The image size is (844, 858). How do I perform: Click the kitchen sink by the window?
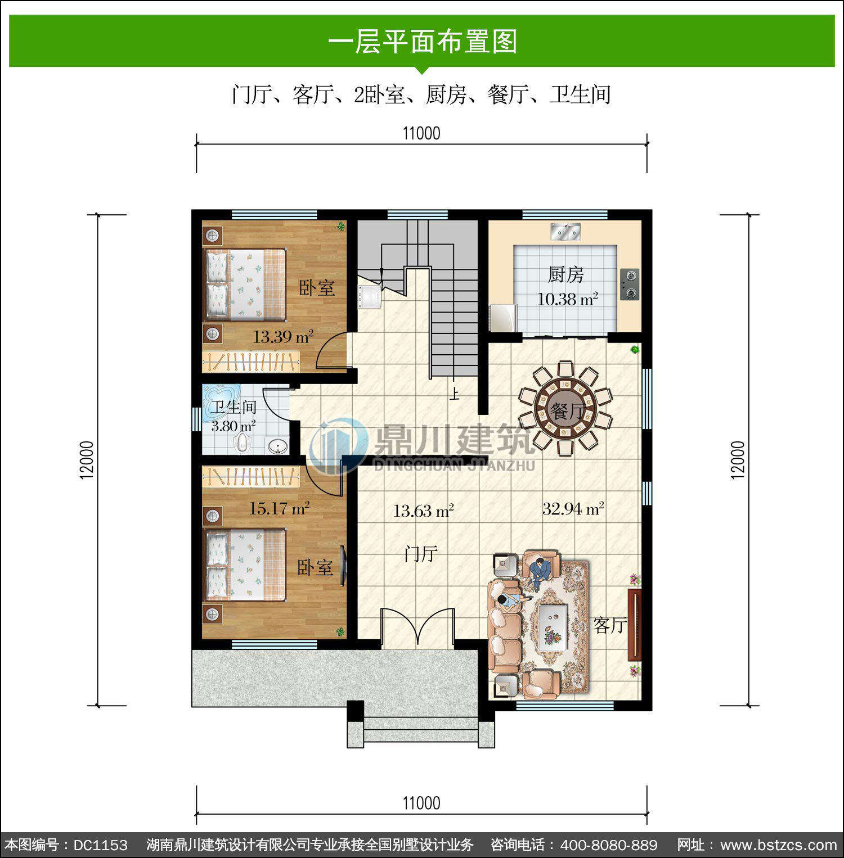[x=565, y=231]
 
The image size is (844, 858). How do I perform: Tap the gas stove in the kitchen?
[x=630, y=285]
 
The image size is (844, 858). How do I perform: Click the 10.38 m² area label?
[x=567, y=299]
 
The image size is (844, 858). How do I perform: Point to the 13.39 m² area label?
[x=283, y=337]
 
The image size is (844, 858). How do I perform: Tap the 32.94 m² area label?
[x=573, y=509]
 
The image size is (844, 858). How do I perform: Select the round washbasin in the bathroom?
[x=276, y=445]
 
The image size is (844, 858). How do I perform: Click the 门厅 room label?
[x=421, y=554]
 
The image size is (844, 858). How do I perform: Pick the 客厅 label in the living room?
[x=610, y=625]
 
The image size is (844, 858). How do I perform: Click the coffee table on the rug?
[x=552, y=627]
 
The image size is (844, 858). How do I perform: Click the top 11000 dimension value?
[x=421, y=134]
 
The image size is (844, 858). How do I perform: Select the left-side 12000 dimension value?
[x=87, y=460]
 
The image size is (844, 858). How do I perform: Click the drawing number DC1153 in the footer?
[x=101, y=845]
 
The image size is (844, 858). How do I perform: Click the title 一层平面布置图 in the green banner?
[x=422, y=42]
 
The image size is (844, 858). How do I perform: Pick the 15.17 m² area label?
[x=279, y=509]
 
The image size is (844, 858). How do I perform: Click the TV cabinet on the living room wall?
[x=635, y=624]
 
